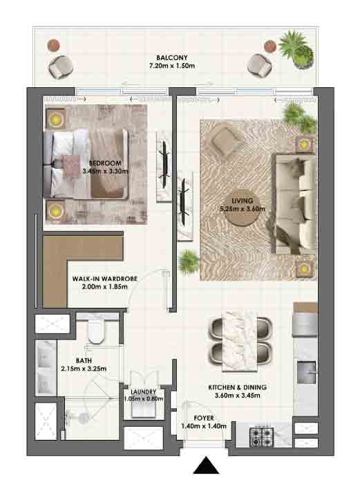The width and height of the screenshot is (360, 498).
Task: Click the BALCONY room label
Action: pos(172,58)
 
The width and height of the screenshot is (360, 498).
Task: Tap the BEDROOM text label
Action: pos(105,163)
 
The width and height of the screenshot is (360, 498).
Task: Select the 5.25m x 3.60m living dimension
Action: pos(243,209)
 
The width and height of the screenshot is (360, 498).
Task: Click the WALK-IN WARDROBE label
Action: pos(105,279)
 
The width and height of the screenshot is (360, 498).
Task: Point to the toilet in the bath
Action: pos(96,331)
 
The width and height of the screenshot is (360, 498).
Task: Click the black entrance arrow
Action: pos(207,465)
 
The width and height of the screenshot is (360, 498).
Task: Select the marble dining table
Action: pos(240,341)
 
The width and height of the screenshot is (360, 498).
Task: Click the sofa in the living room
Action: pos(295,203)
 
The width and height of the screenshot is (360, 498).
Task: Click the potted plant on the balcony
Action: pos(298,48)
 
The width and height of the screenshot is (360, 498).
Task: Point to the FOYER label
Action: pos(204,418)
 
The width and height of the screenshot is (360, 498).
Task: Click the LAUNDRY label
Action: pos(143,392)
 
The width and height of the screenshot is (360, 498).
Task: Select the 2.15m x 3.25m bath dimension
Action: pos(84,369)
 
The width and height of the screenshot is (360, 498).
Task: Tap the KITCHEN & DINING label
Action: pos(238,387)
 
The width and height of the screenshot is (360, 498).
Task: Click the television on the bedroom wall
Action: pos(165,163)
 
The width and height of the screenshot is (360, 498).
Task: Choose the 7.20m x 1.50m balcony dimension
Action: pos(172,66)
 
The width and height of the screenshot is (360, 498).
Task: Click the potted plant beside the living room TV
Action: pos(189,261)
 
